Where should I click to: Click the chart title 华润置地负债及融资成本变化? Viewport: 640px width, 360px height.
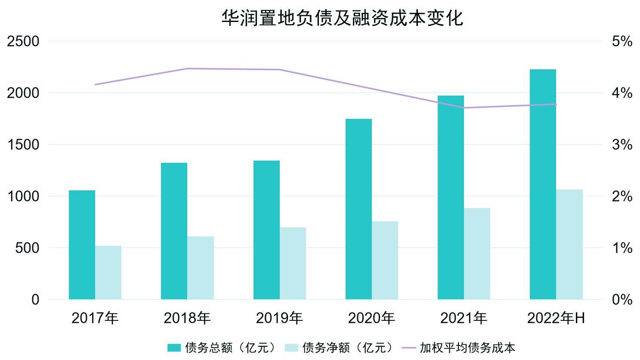click(x=342, y=18)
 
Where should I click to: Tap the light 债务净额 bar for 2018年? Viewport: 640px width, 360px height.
click(x=201, y=268)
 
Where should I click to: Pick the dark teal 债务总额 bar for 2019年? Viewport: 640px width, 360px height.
click(x=266, y=230)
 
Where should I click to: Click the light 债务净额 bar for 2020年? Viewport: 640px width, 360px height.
click(x=385, y=260)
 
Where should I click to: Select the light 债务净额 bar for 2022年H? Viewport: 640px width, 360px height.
click(x=569, y=244)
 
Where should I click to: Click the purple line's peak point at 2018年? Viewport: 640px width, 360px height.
click(x=188, y=68)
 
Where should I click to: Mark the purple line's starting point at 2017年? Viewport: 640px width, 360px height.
click(x=95, y=84)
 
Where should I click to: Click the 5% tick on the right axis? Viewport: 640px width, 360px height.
click(x=622, y=41)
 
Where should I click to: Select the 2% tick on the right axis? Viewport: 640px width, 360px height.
click(x=622, y=196)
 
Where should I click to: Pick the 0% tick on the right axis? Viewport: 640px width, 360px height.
click(x=622, y=300)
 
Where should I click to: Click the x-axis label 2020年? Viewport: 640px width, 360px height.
click(x=371, y=318)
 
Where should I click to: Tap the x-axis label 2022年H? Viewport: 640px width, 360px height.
click(x=556, y=318)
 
